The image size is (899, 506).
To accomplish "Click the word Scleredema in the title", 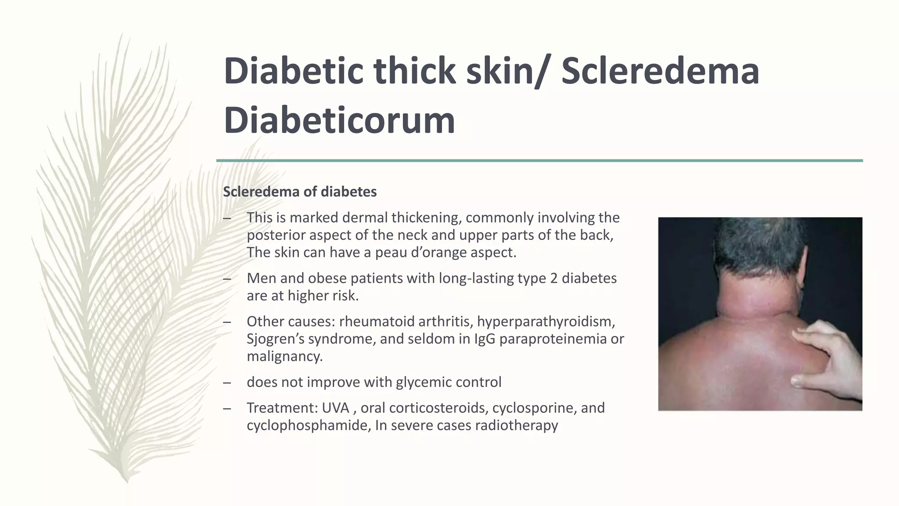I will [660, 71].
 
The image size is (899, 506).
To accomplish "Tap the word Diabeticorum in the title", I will [339, 120].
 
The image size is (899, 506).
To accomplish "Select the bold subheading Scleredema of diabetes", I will [300, 192].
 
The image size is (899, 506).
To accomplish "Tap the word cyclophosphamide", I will [309, 425].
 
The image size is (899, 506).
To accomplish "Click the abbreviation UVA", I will [335, 408].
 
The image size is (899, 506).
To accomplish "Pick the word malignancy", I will [284, 356].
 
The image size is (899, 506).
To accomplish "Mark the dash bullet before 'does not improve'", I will [227, 383].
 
